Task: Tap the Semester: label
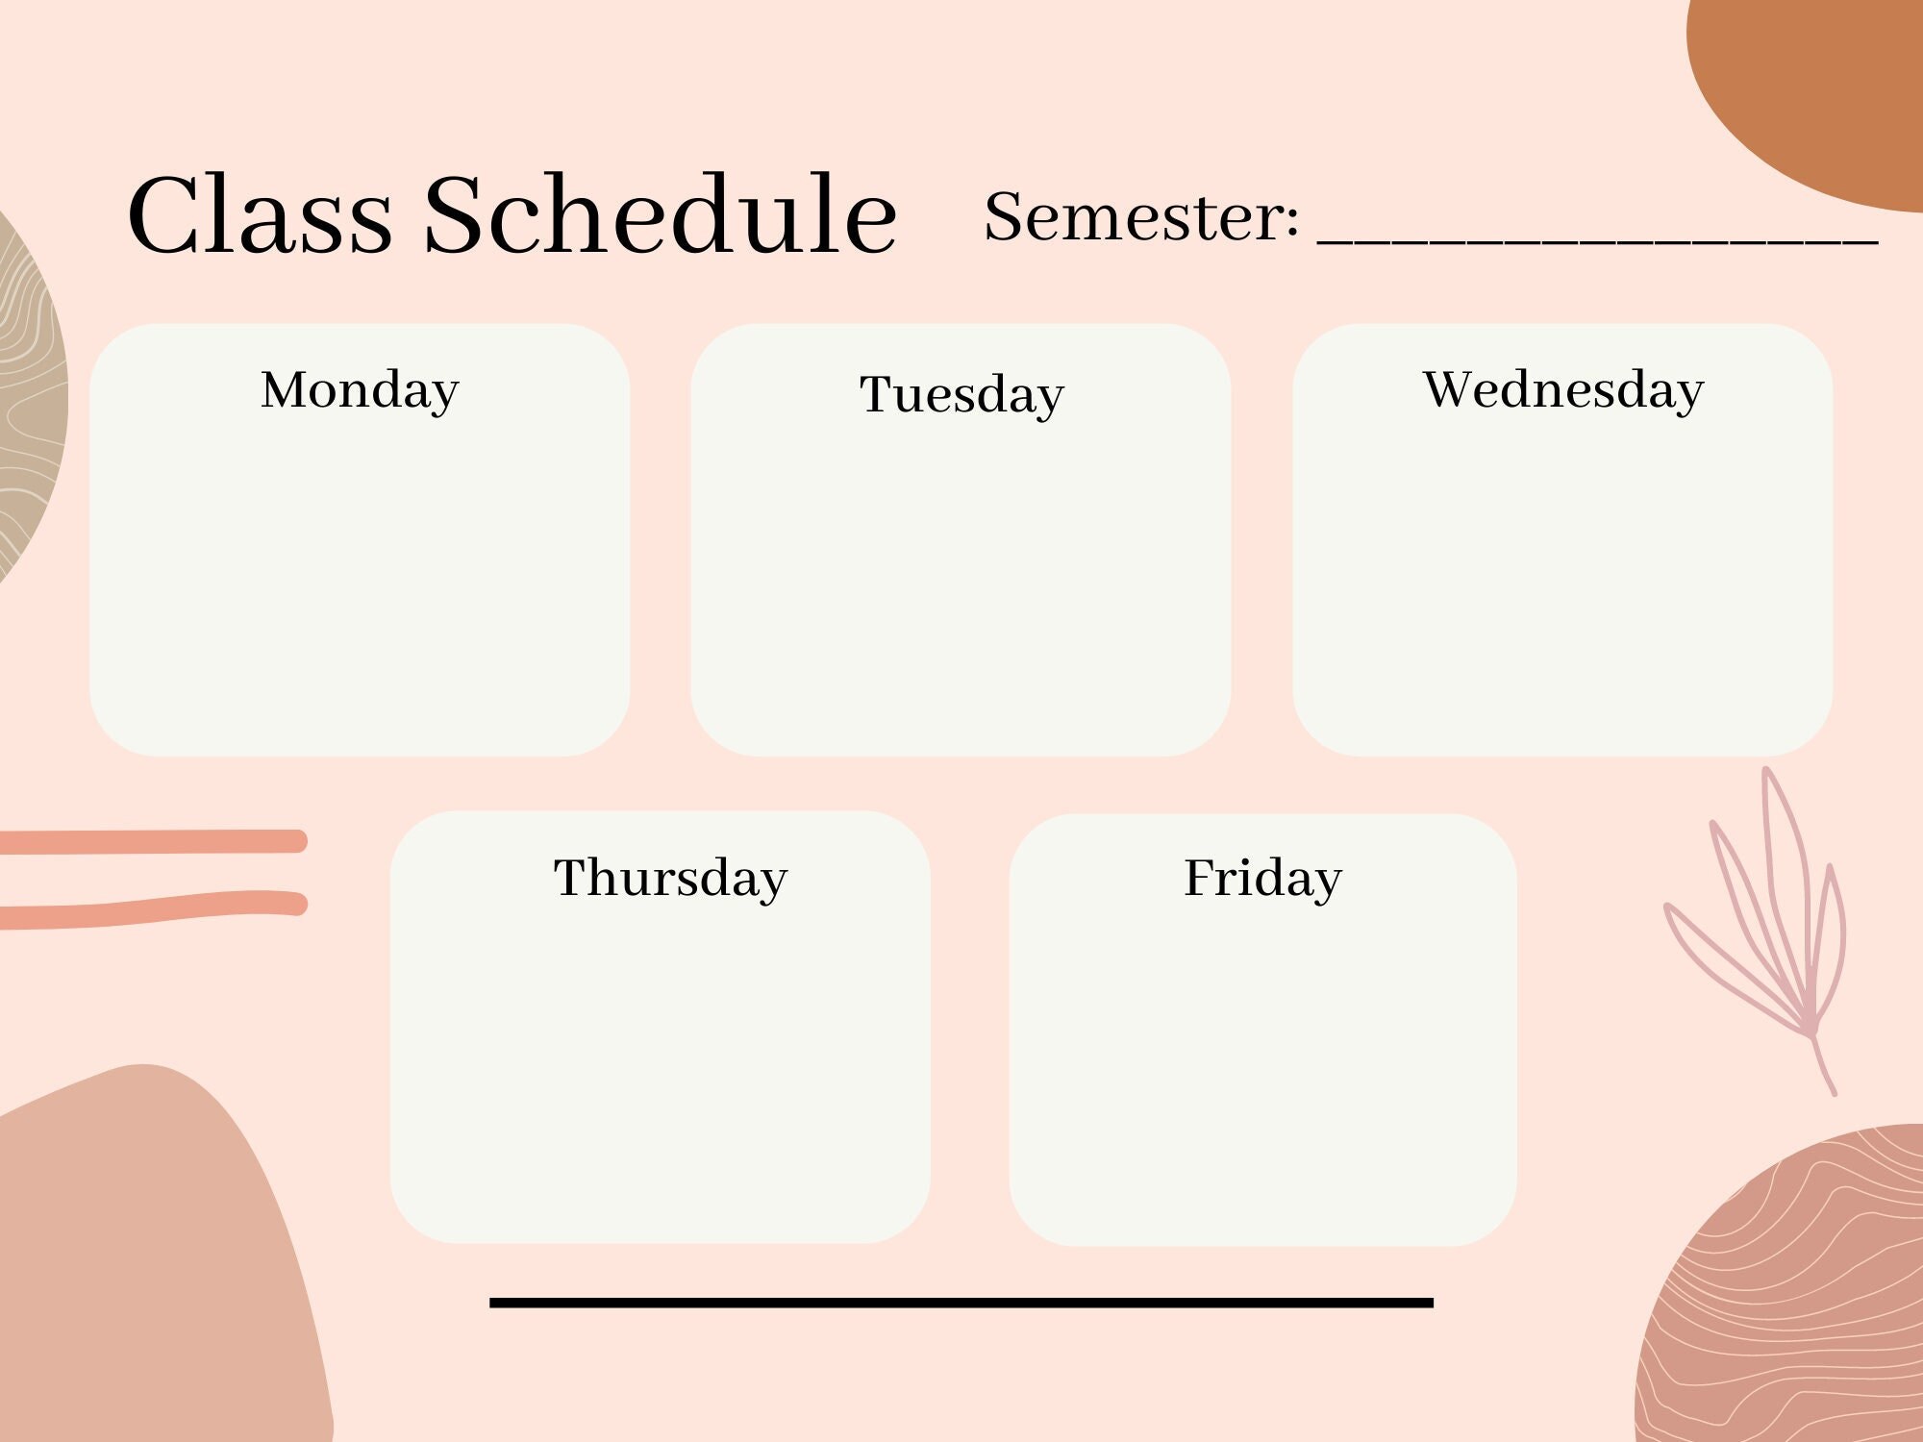[x=1141, y=216]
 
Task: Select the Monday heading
[x=360, y=390]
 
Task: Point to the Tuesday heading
[x=961, y=394]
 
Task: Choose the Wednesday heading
[x=1563, y=390]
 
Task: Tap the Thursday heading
[x=670, y=878]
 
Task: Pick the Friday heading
[x=1262, y=878]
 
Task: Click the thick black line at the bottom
[x=961, y=1303]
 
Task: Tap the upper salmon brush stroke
[x=154, y=842]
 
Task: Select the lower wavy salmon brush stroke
[x=154, y=909]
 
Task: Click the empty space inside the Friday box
[x=1262, y=1077]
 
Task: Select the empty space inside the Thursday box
[x=661, y=1077]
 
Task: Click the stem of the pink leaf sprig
[x=1823, y=1067]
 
